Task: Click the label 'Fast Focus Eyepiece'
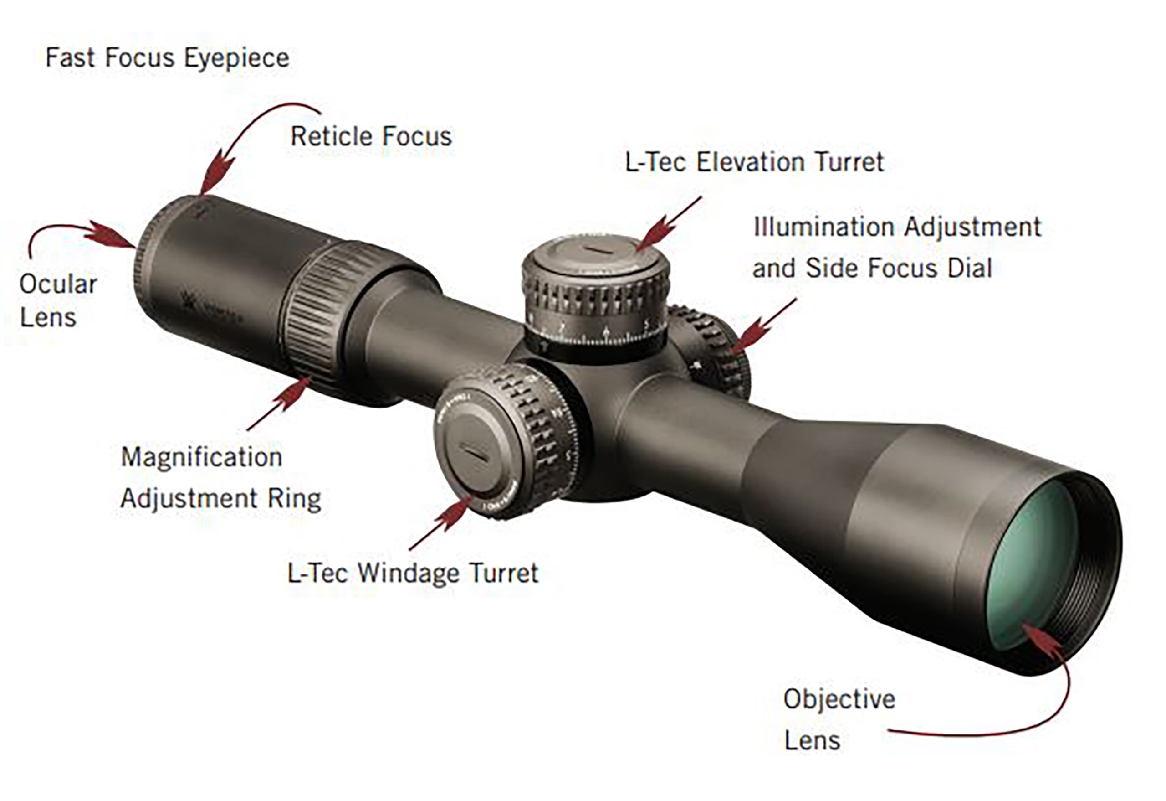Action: coord(167,58)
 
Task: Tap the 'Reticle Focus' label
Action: coord(371,136)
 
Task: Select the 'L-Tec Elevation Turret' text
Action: coord(754,162)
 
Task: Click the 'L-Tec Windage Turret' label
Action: coord(412,573)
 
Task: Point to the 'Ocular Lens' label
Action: coord(58,301)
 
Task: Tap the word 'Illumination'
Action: coord(824,227)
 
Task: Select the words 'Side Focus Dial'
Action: coord(899,268)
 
